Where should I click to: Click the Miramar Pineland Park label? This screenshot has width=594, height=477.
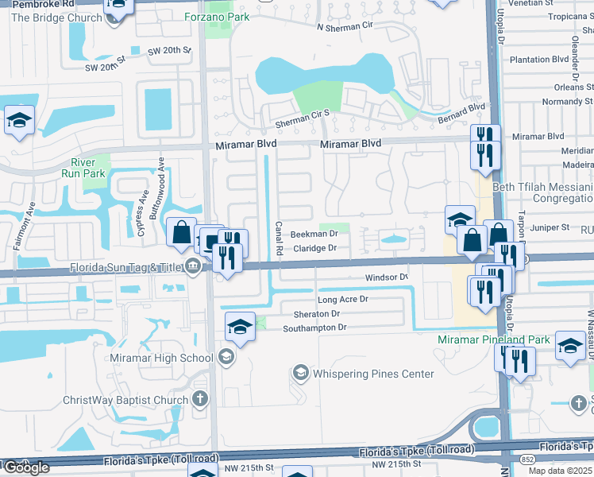[494, 339]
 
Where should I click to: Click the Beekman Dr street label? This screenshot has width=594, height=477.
[314, 235]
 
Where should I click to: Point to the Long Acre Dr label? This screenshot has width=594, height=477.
[343, 299]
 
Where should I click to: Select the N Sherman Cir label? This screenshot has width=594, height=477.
[344, 26]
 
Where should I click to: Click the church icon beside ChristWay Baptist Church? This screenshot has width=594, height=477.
[200, 398]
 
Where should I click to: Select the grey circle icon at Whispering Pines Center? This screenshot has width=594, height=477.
[300, 371]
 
